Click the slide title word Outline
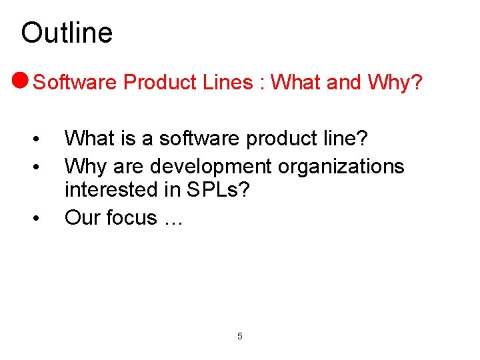point(67,33)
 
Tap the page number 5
point(240,336)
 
